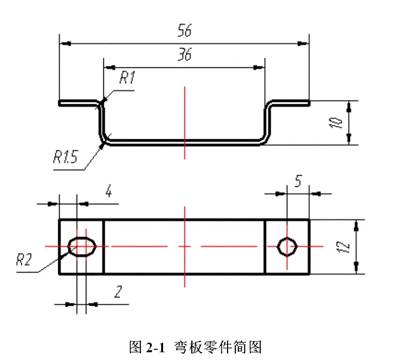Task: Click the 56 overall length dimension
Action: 184,31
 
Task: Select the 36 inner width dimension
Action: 184,55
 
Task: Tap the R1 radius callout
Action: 127,78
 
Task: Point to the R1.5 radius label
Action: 66,157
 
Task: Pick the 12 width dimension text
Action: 344,246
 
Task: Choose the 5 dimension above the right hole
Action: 298,181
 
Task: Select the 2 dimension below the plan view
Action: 117,291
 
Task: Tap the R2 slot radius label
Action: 24,260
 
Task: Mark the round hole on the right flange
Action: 287,246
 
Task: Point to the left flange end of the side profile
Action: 60,103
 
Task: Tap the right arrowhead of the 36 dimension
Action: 259,67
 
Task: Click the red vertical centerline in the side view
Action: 185,121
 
